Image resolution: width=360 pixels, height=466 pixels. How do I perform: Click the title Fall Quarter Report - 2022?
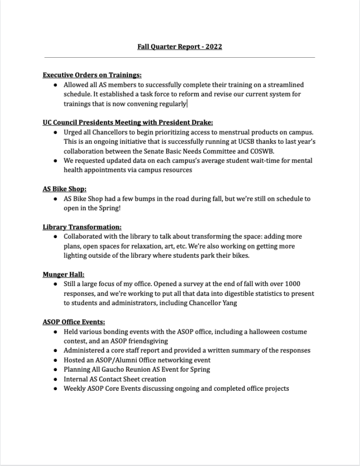pyautogui.click(x=180, y=46)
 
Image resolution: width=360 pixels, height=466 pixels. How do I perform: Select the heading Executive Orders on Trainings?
pyautogui.click(x=92, y=75)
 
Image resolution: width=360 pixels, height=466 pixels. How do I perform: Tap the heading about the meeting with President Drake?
pyautogui.click(x=127, y=123)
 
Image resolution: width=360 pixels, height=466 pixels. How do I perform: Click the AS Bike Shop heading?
pyautogui.click(x=64, y=189)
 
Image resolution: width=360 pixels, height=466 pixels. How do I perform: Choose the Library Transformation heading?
pyautogui.click(x=82, y=227)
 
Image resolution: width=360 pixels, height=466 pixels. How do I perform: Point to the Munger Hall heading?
pyautogui.click(x=63, y=275)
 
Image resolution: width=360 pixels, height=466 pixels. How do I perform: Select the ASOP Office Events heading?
pyautogui.click(x=74, y=322)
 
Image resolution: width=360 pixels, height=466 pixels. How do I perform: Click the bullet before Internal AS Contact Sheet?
pyautogui.click(x=56, y=379)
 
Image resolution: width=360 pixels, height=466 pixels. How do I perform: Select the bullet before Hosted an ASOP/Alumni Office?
pyautogui.click(x=56, y=360)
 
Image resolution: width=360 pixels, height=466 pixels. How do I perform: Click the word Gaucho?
pyautogui.click(x=118, y=370)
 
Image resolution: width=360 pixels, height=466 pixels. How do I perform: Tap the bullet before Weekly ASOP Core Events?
pyautogui.click(x=56, y=389)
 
